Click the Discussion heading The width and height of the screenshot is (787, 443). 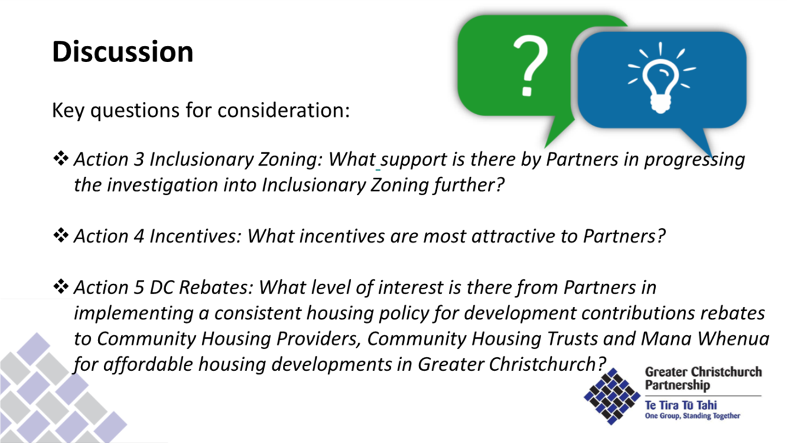123,51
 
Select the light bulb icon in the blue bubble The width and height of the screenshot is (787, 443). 661,78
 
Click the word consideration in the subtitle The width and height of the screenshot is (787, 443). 283,110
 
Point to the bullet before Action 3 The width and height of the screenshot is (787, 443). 61,158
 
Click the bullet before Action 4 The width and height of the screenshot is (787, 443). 61,235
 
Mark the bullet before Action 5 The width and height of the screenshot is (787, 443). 61,287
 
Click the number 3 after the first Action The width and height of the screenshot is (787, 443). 139,159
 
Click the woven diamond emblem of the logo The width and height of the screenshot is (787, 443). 612,396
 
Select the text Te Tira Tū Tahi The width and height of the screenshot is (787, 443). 681,405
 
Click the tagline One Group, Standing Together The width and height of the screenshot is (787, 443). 692,416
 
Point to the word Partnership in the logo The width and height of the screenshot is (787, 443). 677,385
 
